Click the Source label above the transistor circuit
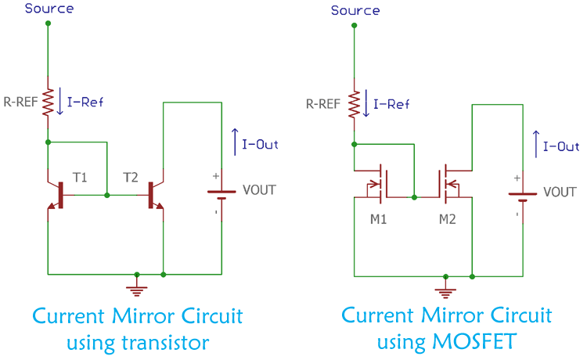49,9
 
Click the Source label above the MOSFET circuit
355,10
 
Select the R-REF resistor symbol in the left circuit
49,102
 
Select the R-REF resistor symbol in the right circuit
355,103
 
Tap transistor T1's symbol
56,195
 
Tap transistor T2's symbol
155,195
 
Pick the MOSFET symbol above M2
451,181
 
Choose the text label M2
447,218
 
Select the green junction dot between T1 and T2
107,195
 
